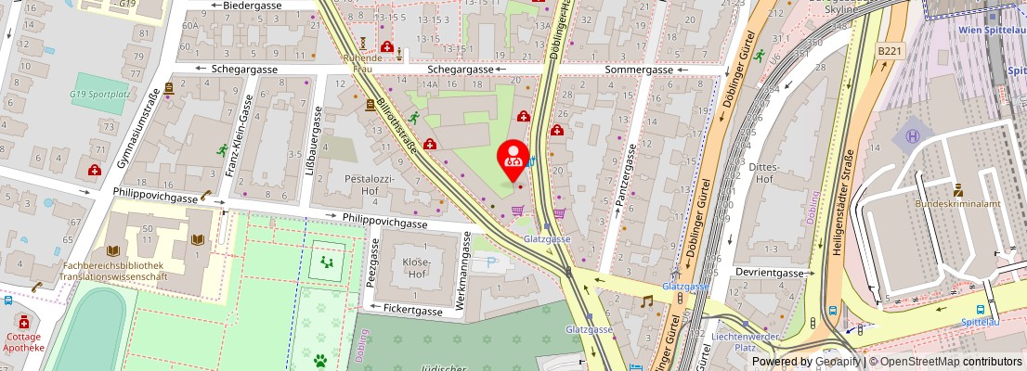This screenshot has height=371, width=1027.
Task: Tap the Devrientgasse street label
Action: [x=769, y=274]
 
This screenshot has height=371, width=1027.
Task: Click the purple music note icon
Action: [x=646, y=301]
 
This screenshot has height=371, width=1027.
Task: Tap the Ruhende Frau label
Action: [x=362, y=62]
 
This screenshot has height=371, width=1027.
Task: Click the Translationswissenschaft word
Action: [x=116, y=276]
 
